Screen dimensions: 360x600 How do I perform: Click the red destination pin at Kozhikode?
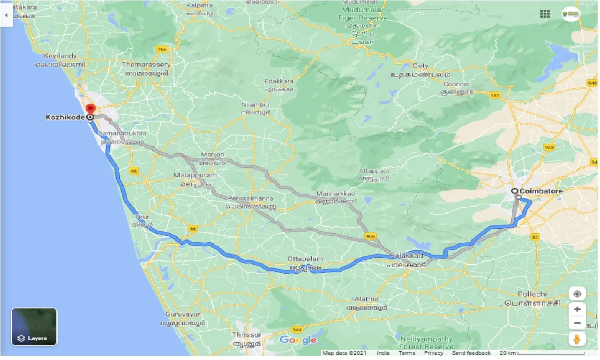coord(91,109)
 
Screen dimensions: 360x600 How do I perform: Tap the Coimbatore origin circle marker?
coord(514,191)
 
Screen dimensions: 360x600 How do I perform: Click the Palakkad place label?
coord(406,256)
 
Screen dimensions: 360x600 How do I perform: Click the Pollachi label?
coord(532,294)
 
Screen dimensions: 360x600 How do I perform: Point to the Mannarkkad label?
coord(336,194)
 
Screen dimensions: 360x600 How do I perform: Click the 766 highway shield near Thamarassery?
coord(162,49)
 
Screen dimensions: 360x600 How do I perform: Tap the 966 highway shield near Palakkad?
coord(370,237)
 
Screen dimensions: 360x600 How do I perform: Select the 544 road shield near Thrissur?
coord(297,329)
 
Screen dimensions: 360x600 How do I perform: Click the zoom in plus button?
coord(577,309)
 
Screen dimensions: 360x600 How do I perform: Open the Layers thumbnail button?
coord(34,327)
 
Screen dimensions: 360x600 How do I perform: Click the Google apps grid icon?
coord(545,14)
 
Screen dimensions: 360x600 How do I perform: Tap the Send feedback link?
coord(471,353)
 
